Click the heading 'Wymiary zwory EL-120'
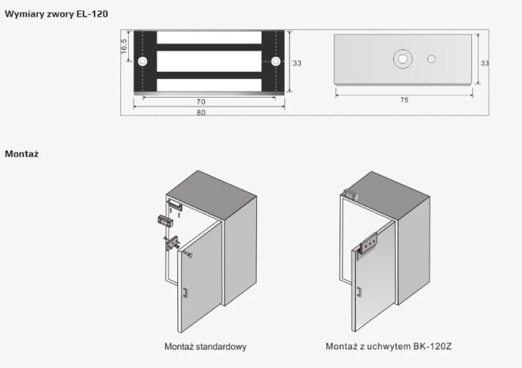[56, 14]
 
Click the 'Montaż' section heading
[22, 153]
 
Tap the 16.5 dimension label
[123, 46]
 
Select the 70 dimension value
[200, 102]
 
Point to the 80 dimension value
[200, 113]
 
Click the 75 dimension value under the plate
[404, 100]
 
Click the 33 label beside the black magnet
[297, 63]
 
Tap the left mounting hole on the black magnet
[143, 61]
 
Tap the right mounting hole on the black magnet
[276, 61]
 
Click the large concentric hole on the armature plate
[403, 59]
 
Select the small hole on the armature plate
[431, 59]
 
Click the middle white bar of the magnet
[209, 61]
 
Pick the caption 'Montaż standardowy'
[205, 346]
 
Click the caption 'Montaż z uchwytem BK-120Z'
[388, 346]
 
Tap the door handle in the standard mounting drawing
[185, 292]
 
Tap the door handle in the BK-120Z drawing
[359, 291]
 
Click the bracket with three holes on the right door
[368, 244]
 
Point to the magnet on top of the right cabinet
[350, 194]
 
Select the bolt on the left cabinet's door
[187, 255]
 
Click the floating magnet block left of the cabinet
[165, 221]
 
